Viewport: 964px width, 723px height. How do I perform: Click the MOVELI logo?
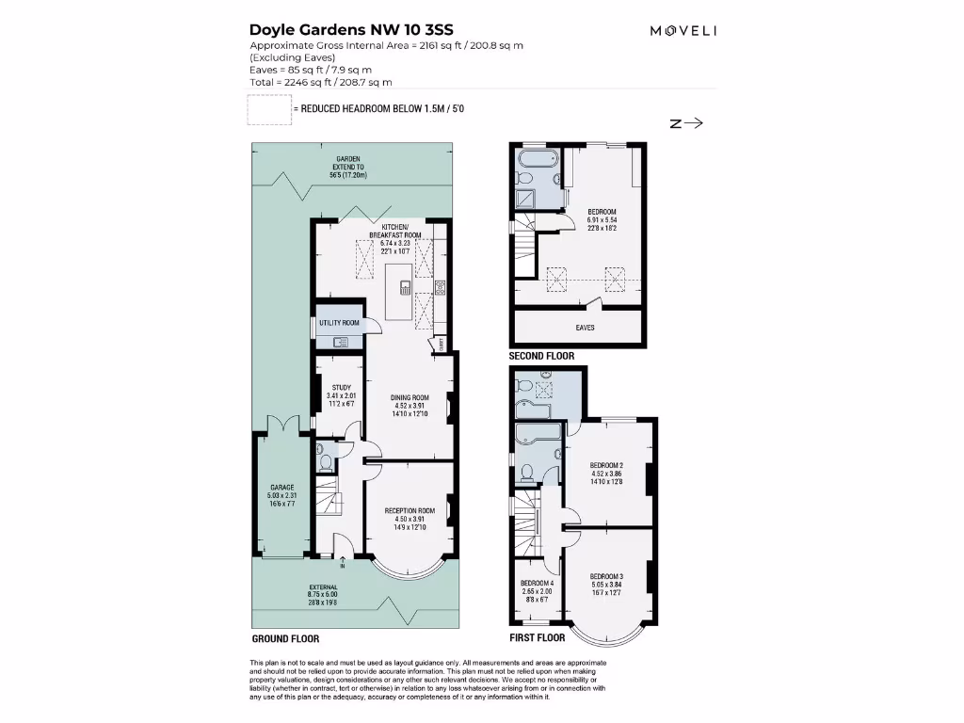(x=683, y=30)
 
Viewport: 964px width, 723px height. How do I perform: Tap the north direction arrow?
(x=687, y=122)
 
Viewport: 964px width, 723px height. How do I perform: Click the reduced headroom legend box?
(x=268, y=109)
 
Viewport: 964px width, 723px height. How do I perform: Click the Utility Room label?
(x=339, y=323)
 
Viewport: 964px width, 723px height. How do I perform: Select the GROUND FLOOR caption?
(x=285, y=638)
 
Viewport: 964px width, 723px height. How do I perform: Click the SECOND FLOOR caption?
(x=541, y=357)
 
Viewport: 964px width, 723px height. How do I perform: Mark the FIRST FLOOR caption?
(x=537, y=637)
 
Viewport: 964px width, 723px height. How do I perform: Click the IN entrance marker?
(x=343, y=567)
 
